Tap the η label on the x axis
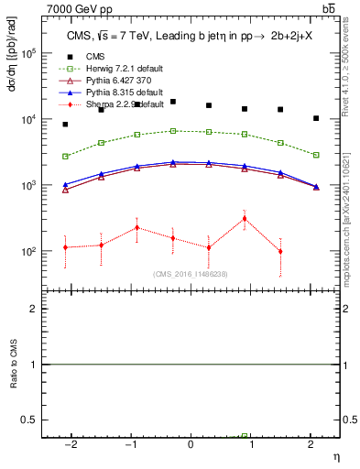pos(335,455)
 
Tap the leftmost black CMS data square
pos(65,124)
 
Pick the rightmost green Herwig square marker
pos(316,155)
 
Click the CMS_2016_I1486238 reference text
pos(190,274)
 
